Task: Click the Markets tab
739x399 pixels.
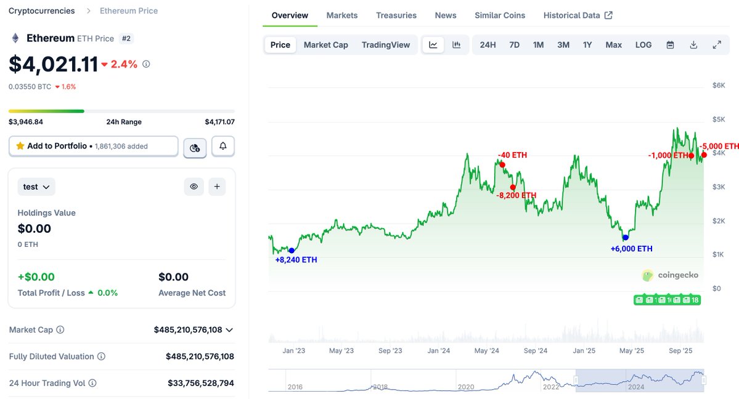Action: coord(341,15)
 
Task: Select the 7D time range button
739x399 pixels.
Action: coord(514,45)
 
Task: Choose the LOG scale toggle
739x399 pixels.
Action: coord(643,45)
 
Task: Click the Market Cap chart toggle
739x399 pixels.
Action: coord(325,45)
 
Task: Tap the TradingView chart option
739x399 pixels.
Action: coord(385,45)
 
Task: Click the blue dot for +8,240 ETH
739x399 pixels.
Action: coord(292,251)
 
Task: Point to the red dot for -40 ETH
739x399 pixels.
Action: coord(502,164)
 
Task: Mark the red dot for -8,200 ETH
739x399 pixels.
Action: coord(513,187)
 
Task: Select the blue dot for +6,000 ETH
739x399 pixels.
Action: coord(625,238)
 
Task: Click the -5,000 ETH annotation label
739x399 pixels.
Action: coord(719,147)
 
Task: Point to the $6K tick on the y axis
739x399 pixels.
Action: coord(719,85)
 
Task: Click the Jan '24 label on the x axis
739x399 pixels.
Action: coord(438,350)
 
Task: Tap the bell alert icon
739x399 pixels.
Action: coord(223,147)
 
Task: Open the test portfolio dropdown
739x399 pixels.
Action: coord(36,187)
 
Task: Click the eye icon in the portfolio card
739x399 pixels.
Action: coord(194,187)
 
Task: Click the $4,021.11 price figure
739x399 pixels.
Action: coord(54,64)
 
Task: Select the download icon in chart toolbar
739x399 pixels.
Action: coord(693,45)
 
